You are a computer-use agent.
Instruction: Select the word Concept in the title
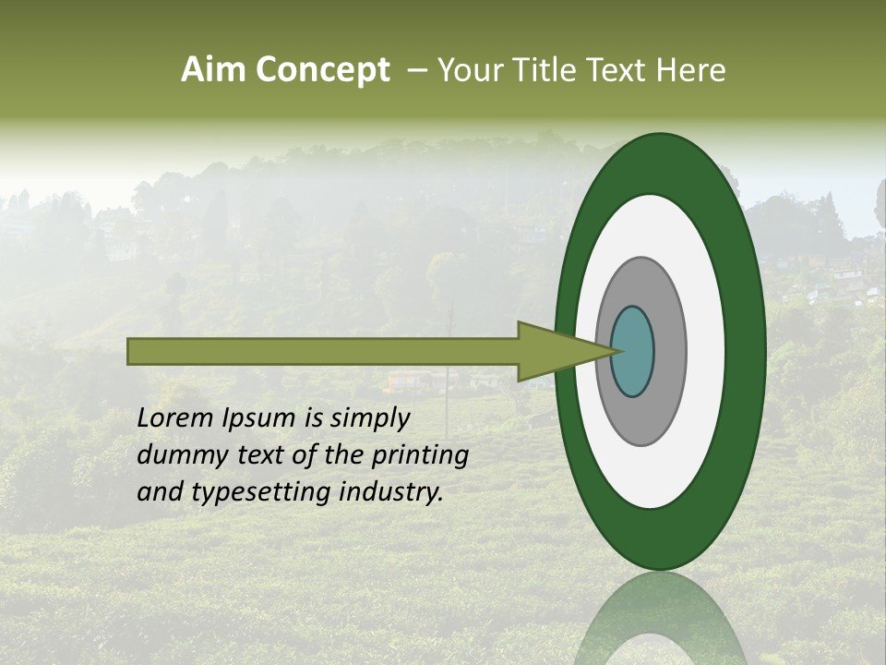323,70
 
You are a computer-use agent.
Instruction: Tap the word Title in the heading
552,70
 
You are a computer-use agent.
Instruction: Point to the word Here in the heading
693,70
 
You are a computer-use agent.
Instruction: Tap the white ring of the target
706,351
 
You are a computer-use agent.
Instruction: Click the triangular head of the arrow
554,351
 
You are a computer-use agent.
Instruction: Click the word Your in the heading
469,70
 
